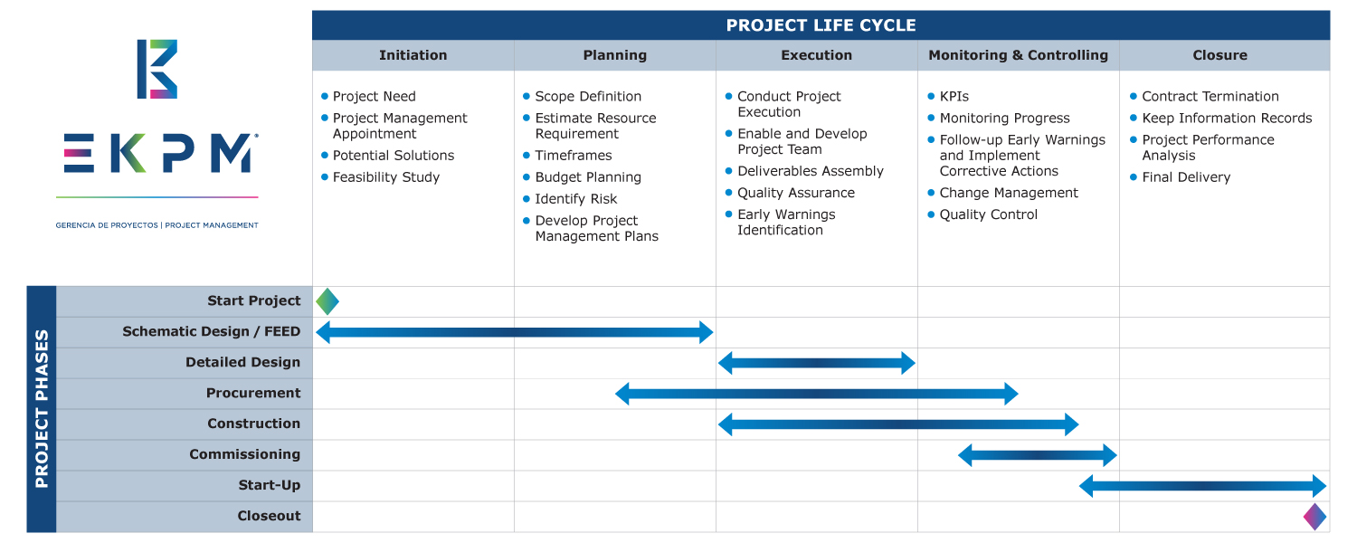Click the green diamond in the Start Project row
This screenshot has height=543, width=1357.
[x=327, y=301]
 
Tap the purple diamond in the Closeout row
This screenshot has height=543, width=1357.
[x=1314, y=517]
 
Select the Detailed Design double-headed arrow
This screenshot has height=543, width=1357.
[x=817, y=363]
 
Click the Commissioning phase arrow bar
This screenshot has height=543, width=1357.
[x=1037, y=455]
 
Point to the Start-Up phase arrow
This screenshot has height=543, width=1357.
[x=1202, y=486]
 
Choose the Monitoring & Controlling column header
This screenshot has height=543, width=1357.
[x=1019, y=55]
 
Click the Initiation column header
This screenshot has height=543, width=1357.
[x=413, y=55]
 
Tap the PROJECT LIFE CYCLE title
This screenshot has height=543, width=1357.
[x=821, y=25]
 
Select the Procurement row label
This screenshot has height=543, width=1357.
[x=253, y=393]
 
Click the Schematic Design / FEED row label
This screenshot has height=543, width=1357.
[x=212, y=331]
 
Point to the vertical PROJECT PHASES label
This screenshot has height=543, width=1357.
[x=42, y=408]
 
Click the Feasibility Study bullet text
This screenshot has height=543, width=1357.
[x=386, y=177]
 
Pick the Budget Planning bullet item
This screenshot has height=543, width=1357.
[x=588, y=177]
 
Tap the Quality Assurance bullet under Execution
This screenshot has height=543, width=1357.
[x=796, y=193]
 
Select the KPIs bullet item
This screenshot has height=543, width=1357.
[x=954, y=96]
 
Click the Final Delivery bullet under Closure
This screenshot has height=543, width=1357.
[x=1186, y=177]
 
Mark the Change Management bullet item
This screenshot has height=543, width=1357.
[x=1009, y=193]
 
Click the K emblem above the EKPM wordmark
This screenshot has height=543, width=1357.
[x=157, y=69]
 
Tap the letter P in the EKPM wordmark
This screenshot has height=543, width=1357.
[x=179, y=153]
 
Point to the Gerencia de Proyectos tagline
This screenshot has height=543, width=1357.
[x=157, y=225]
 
